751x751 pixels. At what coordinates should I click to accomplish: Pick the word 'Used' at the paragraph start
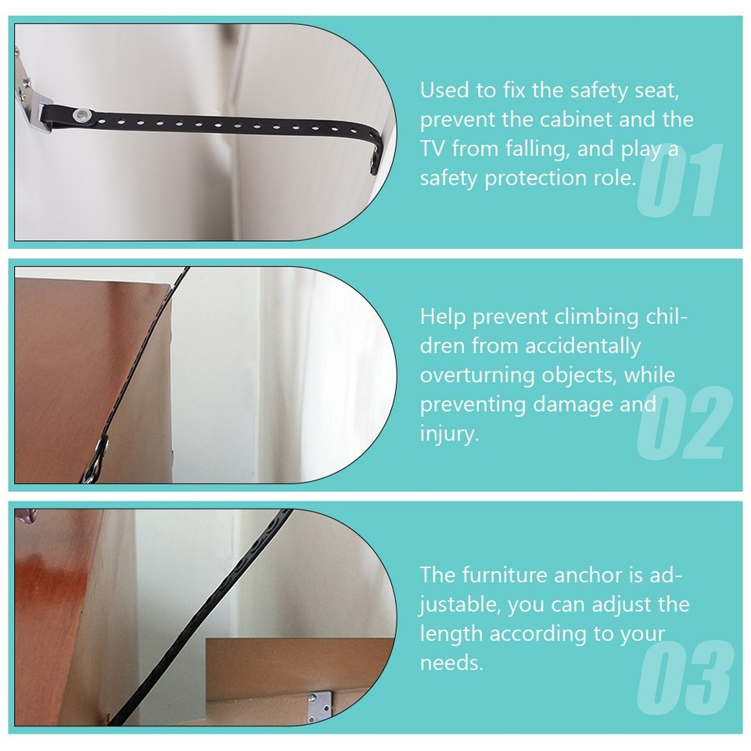pos(443,90)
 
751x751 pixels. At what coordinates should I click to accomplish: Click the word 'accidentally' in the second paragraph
pos(583,345)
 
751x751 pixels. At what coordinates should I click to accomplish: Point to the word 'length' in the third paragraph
pos(450,634)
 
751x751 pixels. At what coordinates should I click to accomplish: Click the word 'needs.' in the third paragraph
pos(451,663)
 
